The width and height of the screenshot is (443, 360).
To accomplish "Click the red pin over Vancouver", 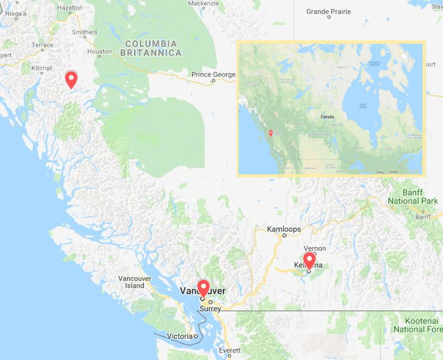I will click(203, 287).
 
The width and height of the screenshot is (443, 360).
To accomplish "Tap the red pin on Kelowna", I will click(309, 260).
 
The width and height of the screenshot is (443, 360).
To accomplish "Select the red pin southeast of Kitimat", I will click(71, 79).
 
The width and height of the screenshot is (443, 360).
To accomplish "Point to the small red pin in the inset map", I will click(270, 133).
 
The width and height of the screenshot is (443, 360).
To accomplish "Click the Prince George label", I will click(213, 75).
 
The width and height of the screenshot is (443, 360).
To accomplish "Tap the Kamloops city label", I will click(284, 229).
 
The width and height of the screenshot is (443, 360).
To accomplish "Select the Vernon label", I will click(315, 248).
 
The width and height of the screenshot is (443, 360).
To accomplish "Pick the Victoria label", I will click(180, 336).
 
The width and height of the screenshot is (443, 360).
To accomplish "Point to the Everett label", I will click(230, 351).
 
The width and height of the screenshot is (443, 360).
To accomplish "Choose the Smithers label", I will click(85, 32).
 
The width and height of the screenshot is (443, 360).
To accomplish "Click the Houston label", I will click(99, 51).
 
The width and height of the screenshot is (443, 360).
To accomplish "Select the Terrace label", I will click(42, 45).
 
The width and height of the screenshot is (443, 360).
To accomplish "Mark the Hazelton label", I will click(69, 8).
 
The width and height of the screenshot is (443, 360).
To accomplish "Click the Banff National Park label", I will click(412, 197).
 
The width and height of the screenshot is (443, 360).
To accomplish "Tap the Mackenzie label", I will click(203, 3).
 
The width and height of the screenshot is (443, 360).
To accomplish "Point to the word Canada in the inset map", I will click(327, 117).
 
